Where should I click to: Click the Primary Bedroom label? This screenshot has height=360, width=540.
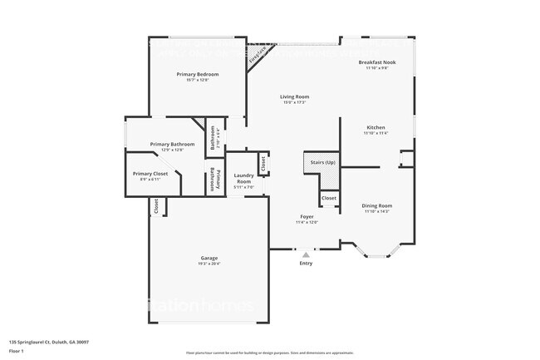197,74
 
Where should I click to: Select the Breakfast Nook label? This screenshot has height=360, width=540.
376,62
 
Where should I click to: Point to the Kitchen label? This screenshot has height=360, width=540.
376,127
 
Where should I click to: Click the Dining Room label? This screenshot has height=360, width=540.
376,205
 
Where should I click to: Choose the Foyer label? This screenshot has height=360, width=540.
307,216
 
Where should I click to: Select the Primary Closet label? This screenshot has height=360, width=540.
150,174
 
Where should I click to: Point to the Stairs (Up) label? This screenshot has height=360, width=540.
322,162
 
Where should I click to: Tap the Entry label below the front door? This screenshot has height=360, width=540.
306,264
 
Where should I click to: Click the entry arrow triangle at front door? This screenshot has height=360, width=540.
306,254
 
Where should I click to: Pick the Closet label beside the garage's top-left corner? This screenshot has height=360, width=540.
156,207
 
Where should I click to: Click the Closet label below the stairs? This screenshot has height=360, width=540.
329,198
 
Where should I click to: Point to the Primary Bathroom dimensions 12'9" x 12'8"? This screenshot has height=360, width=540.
172,150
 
